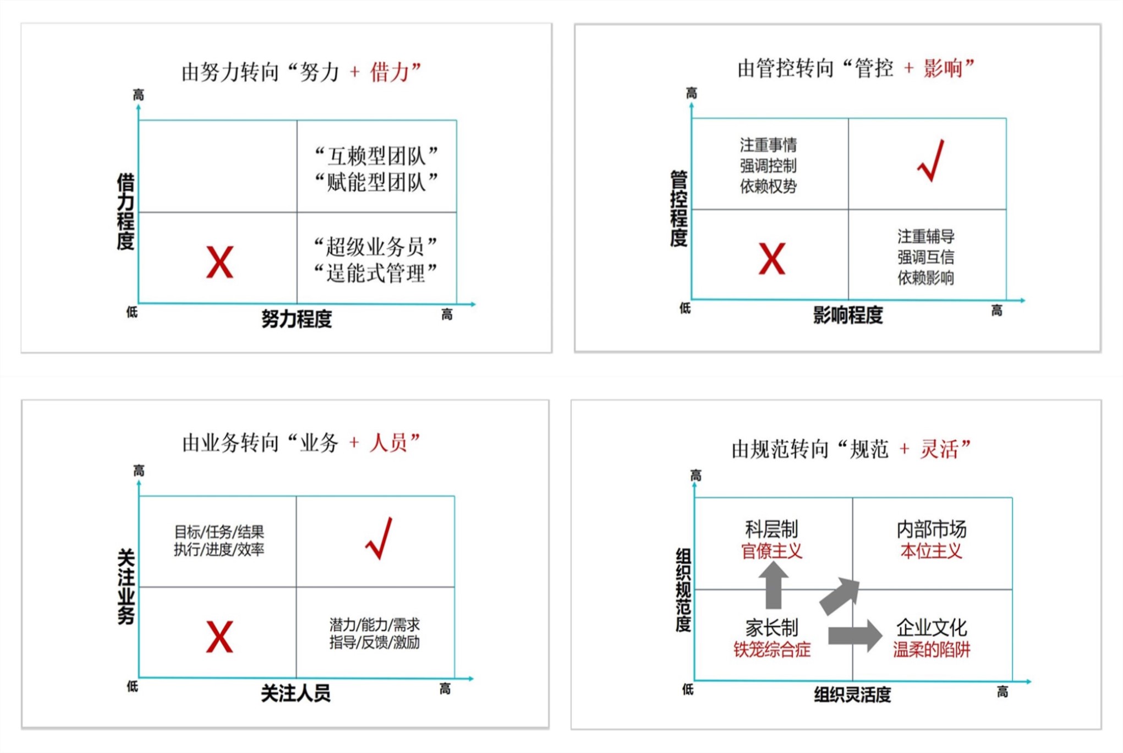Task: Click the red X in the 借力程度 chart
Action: [220, 262]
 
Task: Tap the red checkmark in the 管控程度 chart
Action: [931, 161]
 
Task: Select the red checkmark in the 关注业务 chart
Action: [379, 538]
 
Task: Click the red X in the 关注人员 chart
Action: [220, 637]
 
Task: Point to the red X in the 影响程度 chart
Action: [771, 259]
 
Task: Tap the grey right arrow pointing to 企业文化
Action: [855, 636]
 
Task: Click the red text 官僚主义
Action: [771, 551]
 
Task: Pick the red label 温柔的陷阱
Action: [931, 650]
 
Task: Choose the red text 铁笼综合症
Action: [771, 650]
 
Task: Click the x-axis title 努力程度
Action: [297, 319]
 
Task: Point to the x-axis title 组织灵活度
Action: [852, 695]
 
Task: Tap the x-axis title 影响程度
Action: [848, 315]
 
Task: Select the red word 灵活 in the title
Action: [940, 449]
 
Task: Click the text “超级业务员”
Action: [376, 247]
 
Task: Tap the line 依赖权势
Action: [768, 187]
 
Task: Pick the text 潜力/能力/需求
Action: [375, 625]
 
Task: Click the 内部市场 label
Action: [931, 529]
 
